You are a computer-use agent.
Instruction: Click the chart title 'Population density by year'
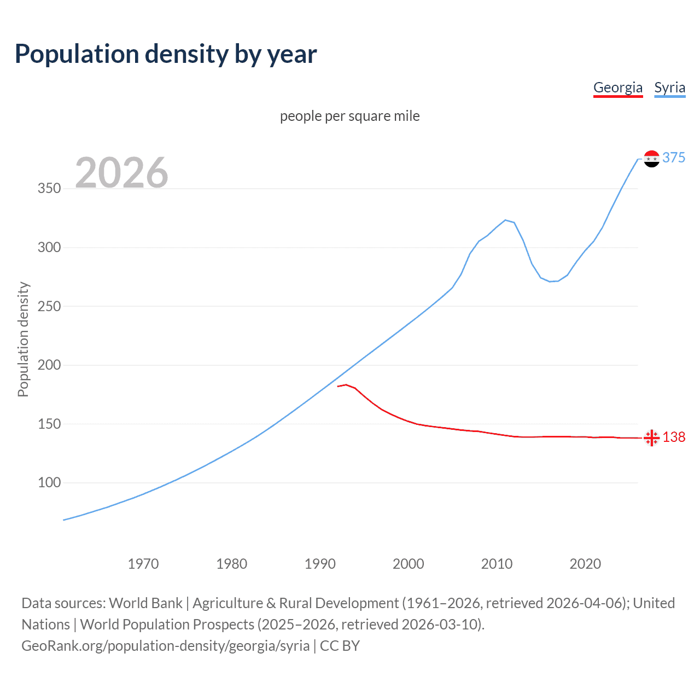166,54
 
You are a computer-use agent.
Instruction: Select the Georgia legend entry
618,87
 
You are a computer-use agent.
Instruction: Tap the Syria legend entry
669,87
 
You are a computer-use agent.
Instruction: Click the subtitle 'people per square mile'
350,116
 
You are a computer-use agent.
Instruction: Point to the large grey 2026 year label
121,173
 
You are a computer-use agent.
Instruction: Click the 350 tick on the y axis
49,189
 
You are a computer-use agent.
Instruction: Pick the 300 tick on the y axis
49,247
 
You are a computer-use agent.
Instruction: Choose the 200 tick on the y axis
49,365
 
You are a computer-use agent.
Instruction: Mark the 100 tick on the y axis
49,482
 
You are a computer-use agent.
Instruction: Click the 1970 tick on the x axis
143,564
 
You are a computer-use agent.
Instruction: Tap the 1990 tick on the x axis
320,564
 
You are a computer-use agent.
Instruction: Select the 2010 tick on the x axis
497,564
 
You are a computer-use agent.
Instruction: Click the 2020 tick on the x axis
585,564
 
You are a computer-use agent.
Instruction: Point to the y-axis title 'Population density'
23,339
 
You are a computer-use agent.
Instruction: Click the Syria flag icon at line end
651,159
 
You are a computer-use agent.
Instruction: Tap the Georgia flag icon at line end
651,437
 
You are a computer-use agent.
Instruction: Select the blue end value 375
674,157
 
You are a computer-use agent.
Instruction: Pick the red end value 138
674,437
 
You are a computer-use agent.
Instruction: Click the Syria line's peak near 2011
505,220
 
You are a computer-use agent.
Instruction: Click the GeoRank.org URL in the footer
166,646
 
